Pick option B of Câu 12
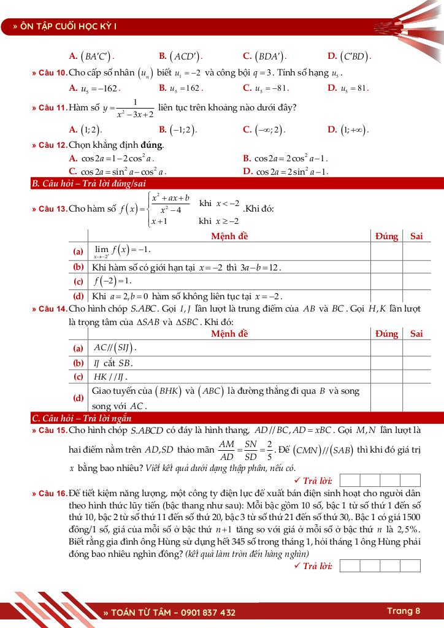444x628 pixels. click(285, 158)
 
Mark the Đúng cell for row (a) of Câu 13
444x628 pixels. click(386, 251)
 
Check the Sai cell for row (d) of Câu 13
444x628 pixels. click(416, 296)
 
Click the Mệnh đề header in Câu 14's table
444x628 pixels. click(229, 334)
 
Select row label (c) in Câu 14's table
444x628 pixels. click(78, 377)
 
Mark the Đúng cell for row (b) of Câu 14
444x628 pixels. click(386, 363)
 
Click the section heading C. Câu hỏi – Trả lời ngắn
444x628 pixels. click(82, 418)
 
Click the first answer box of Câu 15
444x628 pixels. click(350, 480)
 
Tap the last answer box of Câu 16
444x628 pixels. click(410, 565)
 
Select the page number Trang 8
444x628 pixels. click(404, 611)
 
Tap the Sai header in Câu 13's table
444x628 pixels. click(416, 236)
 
